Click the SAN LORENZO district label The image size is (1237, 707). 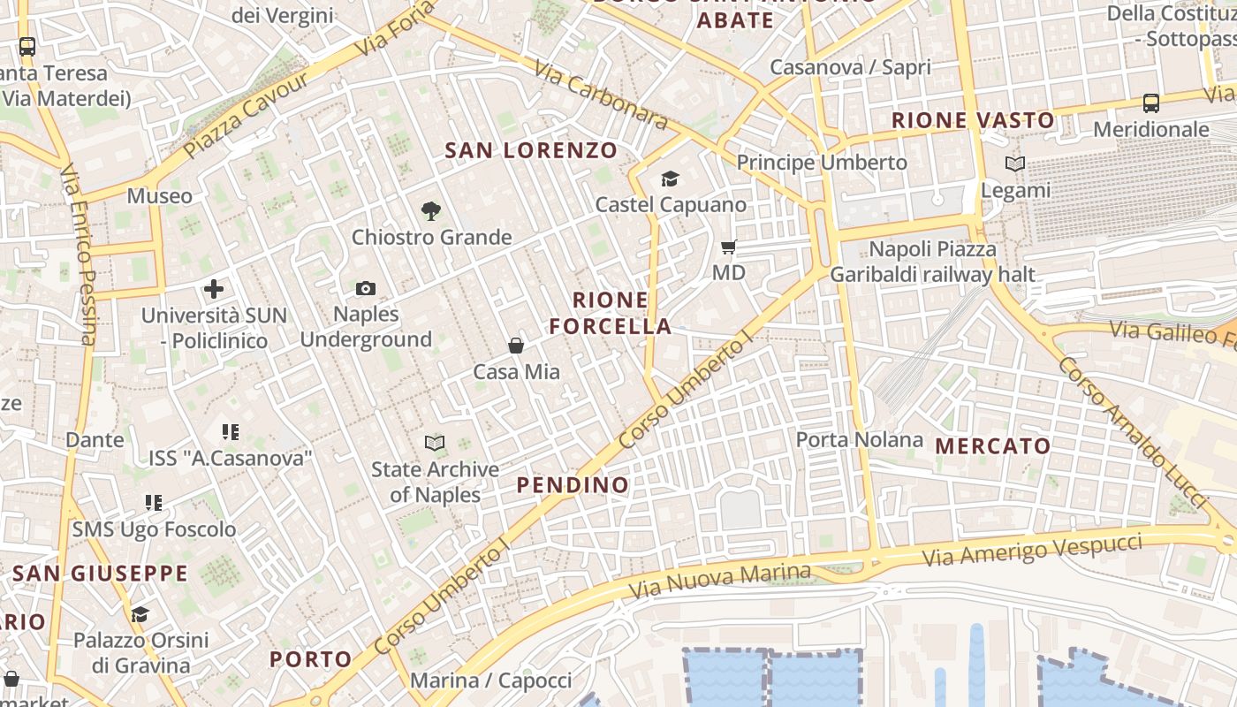[531, 150]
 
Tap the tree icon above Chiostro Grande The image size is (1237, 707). [431, 210]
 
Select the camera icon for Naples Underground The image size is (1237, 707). [366, 288]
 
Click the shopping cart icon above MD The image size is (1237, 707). [729, 247]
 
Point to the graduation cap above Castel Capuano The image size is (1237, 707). [671, 179]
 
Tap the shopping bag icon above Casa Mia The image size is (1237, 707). [516, 346]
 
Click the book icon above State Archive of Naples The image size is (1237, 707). [435, 443]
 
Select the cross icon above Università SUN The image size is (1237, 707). [214, 289]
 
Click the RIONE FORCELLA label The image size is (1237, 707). [611, 313]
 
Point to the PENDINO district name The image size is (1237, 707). [573, 484]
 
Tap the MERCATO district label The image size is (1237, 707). [993, 446]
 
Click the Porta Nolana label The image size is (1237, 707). [859, 439]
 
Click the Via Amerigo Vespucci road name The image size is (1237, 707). [1031, 549]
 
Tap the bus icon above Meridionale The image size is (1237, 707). [1151, 103]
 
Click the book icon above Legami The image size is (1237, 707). [1015, 164]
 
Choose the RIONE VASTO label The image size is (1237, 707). [973, 120]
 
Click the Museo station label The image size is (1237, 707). [159, 195]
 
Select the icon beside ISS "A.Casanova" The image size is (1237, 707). [231, 432]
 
